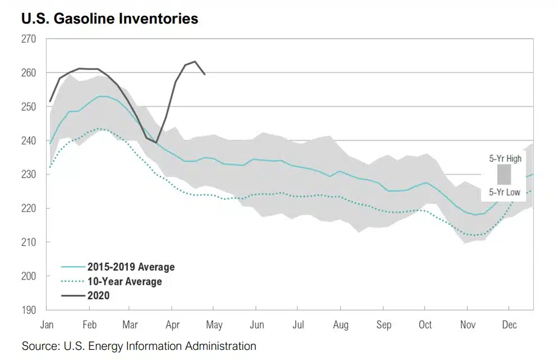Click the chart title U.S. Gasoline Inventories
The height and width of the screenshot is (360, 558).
coord(110,19)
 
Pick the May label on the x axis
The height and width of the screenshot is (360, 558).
coord(214,325)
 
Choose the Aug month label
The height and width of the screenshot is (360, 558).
coord(340,325)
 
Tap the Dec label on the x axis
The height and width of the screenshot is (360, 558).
coord(509,325)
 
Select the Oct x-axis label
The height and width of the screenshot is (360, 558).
coord(425,325)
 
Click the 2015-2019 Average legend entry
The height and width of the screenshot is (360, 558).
coord(130,267)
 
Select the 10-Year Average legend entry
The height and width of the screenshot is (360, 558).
coord(124,281)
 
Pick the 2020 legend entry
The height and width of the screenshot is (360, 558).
coord(98,295)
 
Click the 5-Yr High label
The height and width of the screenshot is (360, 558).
coord(505,158)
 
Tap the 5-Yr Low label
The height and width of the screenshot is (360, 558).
coord(504,193)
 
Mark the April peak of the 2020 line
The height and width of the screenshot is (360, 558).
coord(195,61)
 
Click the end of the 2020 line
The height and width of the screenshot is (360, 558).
coord(204,74)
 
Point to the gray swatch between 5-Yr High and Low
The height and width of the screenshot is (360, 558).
coord(504,175)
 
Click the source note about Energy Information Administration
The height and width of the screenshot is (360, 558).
coord(139,346)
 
